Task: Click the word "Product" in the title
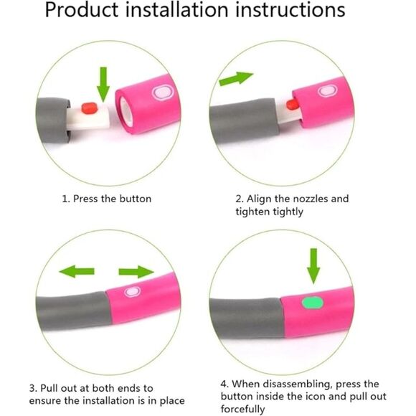pos(82,10)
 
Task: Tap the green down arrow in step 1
pos(103,84)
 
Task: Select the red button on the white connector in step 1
pos(90,108)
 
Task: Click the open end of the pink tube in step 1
pos(126,111)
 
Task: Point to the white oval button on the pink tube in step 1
pos(163,93)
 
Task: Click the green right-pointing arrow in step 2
pos(236,78)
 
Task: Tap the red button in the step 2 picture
pos(291,104)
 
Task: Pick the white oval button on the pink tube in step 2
pos(327,91)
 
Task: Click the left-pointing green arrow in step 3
pos(77,271)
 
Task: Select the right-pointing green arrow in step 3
pos(136,271)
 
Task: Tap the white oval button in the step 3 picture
pos(133,292)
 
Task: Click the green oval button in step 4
pos(313,303)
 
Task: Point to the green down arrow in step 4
pos(313,266)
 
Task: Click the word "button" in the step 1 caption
pos(136,199)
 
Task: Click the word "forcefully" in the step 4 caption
pos(242,409)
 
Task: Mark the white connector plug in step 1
pos(88,116)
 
